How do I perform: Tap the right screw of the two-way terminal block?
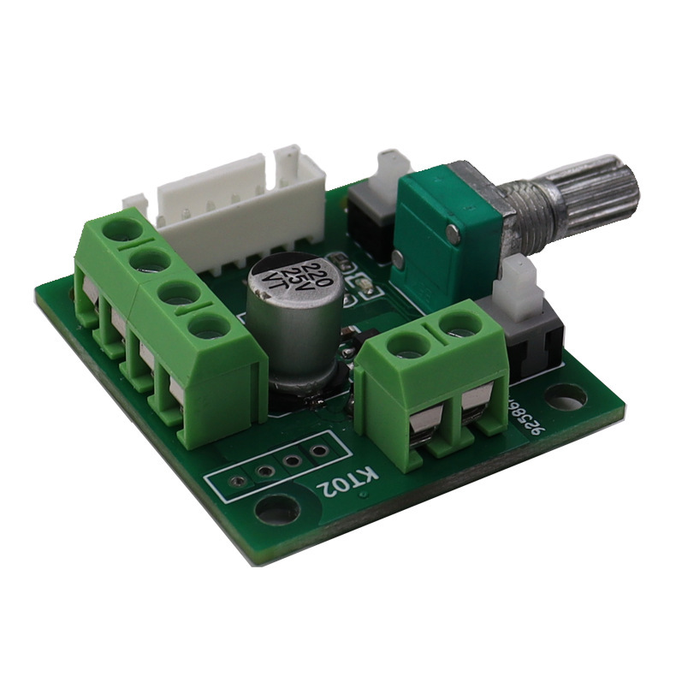(x=454, y=325)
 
